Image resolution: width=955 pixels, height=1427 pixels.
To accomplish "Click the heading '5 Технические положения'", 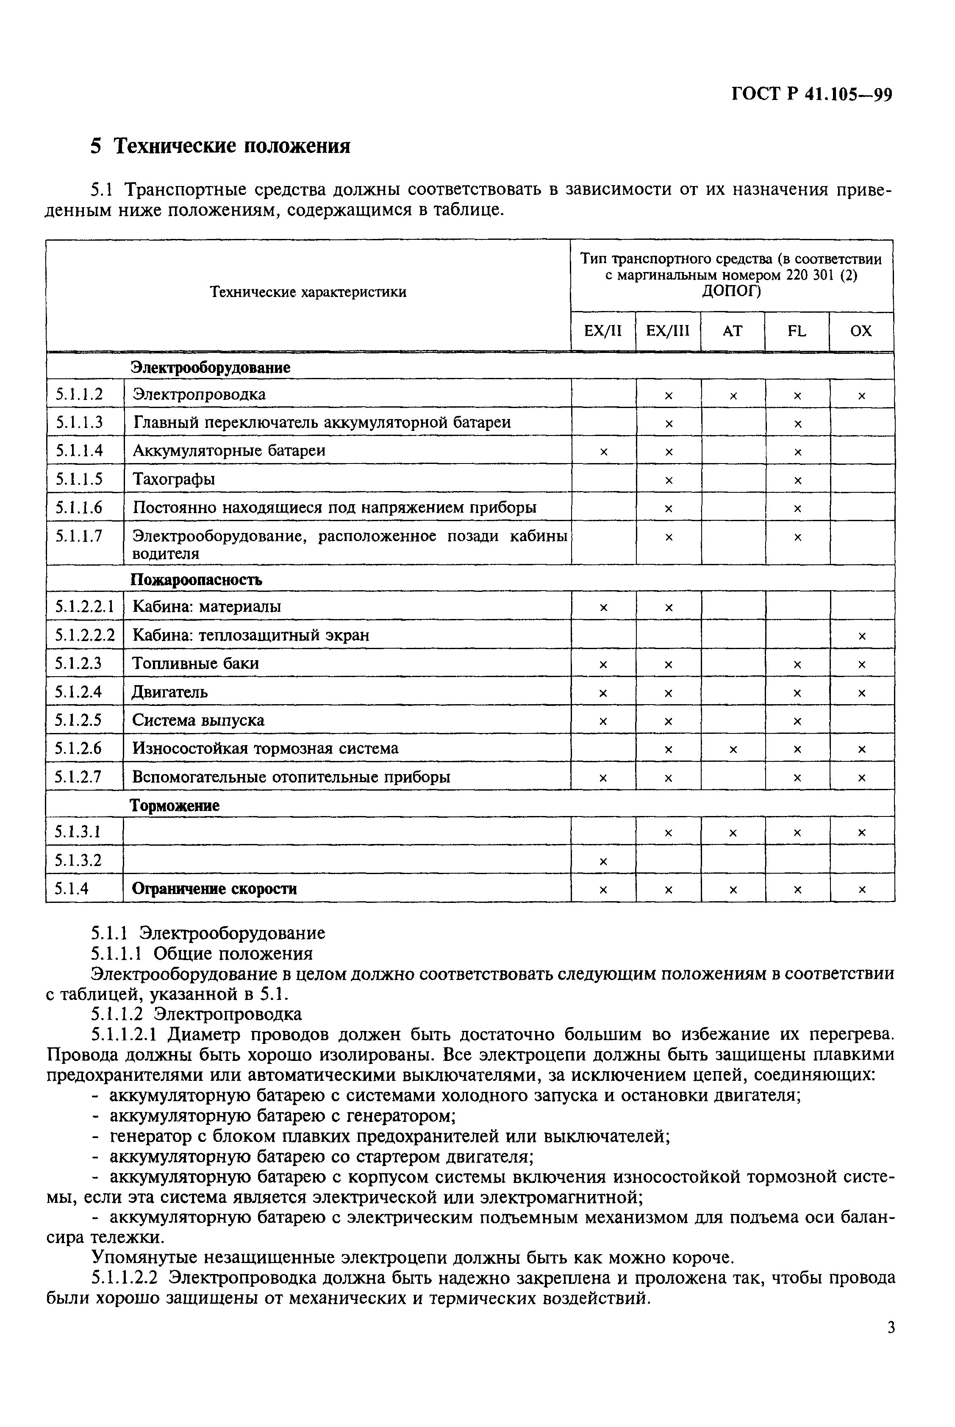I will tap(220, 147).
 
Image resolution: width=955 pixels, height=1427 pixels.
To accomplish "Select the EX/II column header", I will tap(603, 331).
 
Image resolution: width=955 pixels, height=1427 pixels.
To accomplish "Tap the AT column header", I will tap(733, 331).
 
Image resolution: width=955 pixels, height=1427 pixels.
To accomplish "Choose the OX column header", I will tap(861, 331).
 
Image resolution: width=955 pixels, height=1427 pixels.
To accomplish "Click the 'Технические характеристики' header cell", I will tap(308, 292).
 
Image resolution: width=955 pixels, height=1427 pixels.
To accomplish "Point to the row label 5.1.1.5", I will tap(79, 479).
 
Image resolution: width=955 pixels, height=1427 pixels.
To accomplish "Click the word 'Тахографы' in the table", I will tap(174, 479).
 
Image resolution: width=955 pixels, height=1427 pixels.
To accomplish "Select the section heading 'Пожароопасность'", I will tap(196, 580).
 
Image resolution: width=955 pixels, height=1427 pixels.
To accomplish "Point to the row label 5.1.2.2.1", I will tap(84, 607).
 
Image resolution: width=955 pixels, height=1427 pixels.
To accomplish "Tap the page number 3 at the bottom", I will tap(891, 1344).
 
